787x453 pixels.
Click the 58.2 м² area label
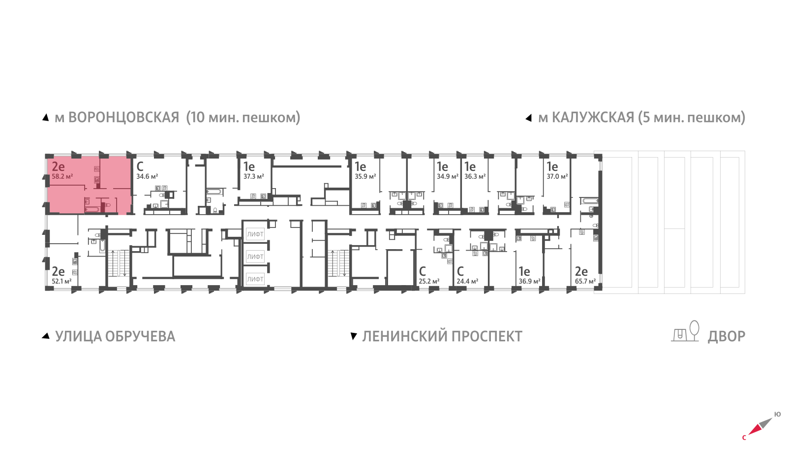[62, 176]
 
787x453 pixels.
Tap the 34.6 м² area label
[147, 176]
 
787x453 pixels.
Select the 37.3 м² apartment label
[254, 176]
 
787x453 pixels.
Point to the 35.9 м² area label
[365, 176]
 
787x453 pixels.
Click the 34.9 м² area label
[447, 176]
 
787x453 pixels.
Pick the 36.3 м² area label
[475, 176]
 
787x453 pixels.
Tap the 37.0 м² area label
[557, 176]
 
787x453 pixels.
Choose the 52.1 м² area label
[62, 281]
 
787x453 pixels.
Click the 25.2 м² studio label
[429, 281]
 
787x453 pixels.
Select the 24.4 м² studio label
[467, 281]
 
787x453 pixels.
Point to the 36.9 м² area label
[529, 281]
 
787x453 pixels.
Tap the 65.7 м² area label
[585, 281]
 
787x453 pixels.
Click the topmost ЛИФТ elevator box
[255, 234]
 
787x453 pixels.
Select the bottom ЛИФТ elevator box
[255, 279]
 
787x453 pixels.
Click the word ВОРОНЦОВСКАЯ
[123, 118]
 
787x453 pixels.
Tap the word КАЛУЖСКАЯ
[593, 118]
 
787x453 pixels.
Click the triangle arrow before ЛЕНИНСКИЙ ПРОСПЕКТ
[353, 336]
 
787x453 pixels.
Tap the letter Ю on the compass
[777, 414]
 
